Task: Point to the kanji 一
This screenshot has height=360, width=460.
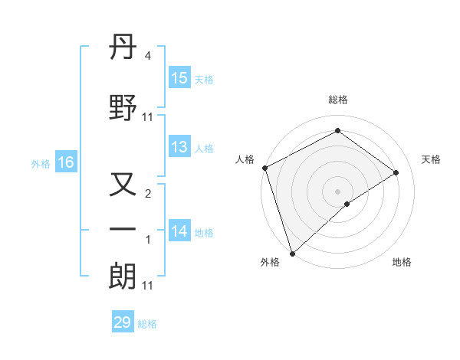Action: (x=123, y=229)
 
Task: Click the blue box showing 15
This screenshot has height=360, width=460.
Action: (x=179, y=78)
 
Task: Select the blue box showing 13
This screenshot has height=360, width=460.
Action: (x=179, y=148)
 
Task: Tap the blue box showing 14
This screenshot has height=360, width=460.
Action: (x=179, y=232)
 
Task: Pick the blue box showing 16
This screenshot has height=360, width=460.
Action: (x=65, y=162)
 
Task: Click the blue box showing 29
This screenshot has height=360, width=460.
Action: (x=123, y=322)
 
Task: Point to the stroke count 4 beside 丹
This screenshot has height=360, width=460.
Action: (x=148, y=56)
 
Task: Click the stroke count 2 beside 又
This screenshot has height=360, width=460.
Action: (x=148, y=194)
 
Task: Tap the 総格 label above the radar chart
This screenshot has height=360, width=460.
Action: (x=337, y=100)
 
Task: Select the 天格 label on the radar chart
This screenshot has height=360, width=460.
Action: (x=431, y=159)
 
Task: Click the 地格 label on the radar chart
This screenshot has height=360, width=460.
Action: (x=402, y=262)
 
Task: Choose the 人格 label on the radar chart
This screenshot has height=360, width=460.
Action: (x=245, y=159)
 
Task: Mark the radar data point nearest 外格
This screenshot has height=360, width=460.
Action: (x=291, y=253)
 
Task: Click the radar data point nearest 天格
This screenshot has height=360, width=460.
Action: (x=396, y=172)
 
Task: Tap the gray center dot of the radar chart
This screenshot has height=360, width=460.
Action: (x=337, y=191)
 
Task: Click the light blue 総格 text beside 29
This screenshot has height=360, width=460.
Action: (x=147, y=324)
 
